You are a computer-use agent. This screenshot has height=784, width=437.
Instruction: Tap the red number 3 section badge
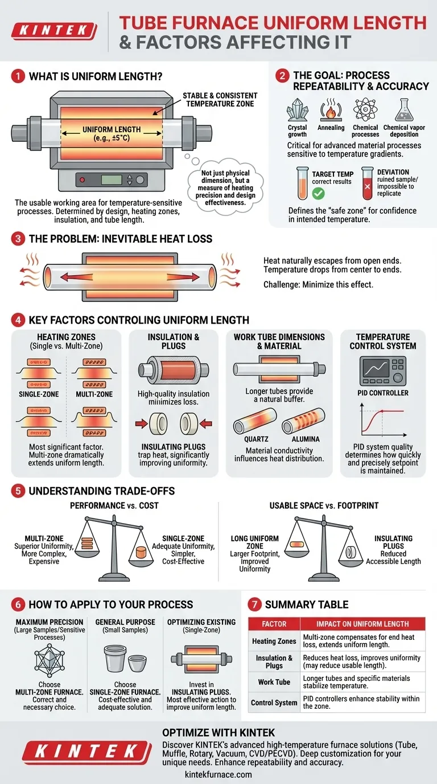(18, 239)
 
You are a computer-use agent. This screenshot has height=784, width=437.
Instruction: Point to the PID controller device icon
(382, 370)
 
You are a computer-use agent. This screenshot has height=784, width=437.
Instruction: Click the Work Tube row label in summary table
(274, 681)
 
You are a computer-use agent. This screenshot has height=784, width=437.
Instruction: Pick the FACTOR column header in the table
(274, 623)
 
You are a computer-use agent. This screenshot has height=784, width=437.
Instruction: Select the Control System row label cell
(274, 703)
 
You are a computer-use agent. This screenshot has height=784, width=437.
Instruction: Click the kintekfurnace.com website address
(218, 774)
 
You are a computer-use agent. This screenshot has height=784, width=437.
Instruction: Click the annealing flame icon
(331, 109)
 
